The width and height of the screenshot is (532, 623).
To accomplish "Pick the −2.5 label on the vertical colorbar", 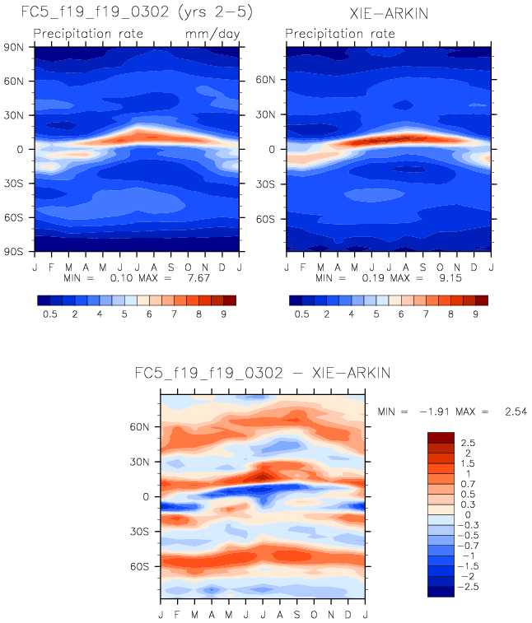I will coord(471,587).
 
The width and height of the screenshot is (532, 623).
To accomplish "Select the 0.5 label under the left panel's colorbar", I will coord(53,314).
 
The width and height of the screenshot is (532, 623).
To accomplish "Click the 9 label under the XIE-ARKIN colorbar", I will coord(475,314).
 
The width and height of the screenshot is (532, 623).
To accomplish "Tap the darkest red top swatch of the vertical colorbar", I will coord(440,437).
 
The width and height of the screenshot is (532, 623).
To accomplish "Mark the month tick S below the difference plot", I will coord(297,614).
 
